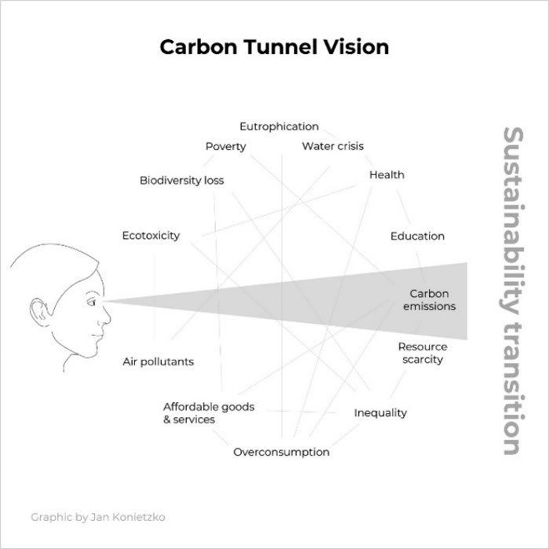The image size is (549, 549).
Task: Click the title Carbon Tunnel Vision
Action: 274,47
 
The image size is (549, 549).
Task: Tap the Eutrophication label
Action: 279,126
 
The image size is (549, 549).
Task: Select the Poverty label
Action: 225,146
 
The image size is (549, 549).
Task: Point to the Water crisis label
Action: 332,146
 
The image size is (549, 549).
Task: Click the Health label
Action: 386,174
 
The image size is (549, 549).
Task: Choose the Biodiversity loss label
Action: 181,181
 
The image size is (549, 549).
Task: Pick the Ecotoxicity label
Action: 151,236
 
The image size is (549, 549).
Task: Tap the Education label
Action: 417,236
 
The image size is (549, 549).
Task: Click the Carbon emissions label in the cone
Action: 429,300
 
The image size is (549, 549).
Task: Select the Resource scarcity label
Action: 422,353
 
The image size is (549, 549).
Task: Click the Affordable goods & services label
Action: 208,413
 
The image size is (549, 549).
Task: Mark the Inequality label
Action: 380,413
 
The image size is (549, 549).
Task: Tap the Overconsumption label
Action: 281,452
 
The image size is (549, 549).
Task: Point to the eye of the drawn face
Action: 93,298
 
